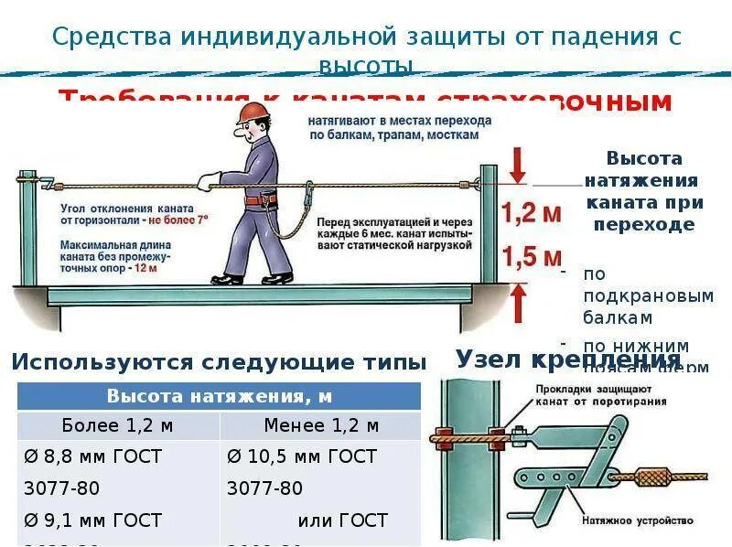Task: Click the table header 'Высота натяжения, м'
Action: (219, 396)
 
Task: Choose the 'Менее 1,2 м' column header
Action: (320, 425)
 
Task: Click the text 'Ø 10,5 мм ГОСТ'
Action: (301, 456)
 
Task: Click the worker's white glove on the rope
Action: (210, 181)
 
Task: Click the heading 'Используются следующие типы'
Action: (219, 361)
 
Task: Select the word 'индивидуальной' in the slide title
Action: (288, 38)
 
